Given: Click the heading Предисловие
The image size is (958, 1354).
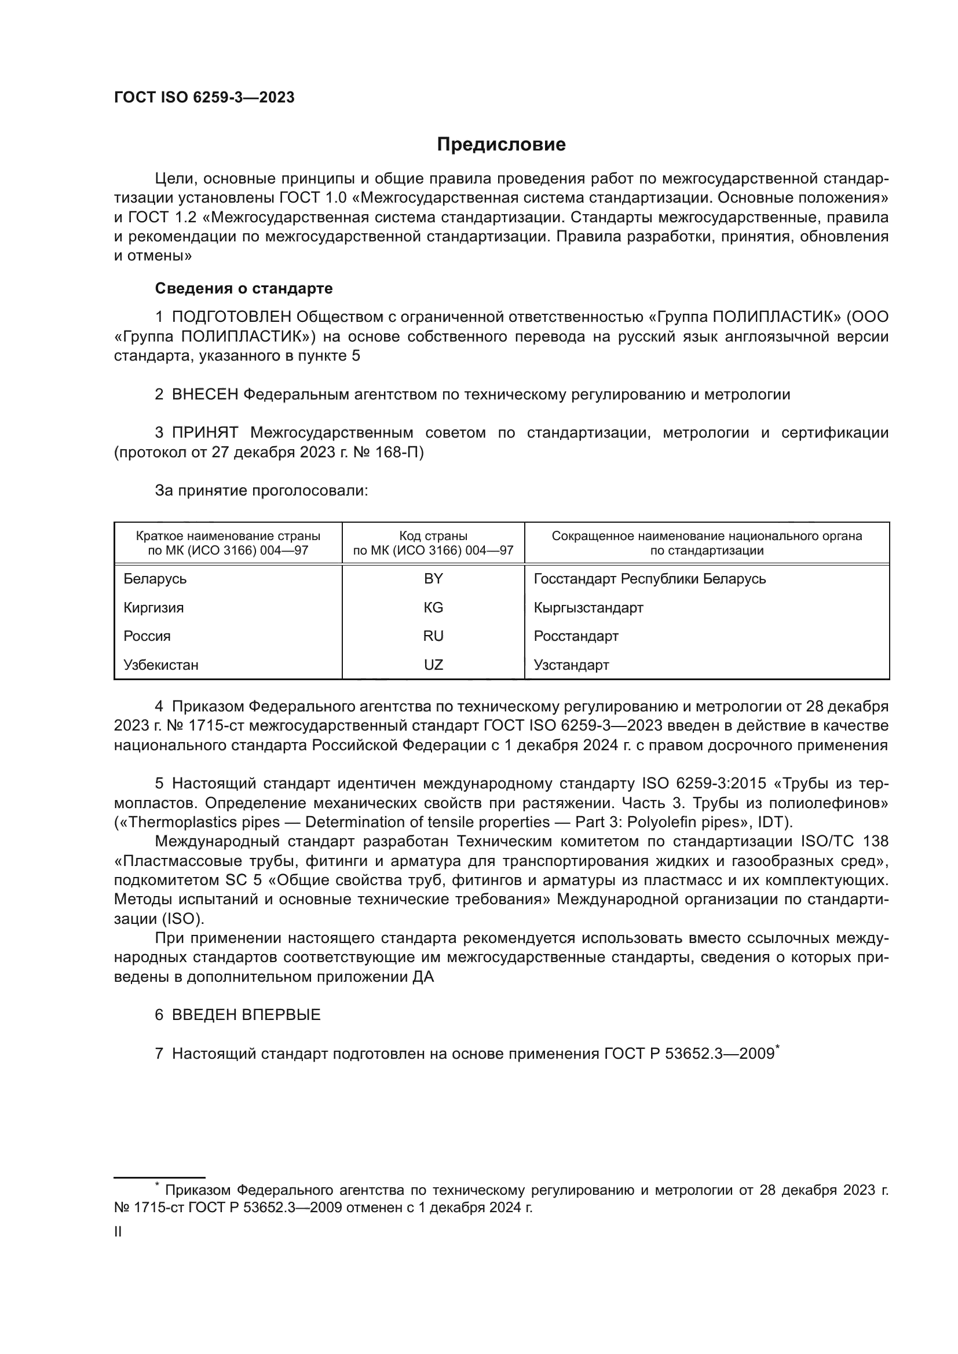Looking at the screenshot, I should (501, 145).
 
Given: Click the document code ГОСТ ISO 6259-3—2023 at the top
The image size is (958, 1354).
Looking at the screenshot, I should (204, 98).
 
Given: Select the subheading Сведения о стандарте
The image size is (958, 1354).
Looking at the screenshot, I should (244, 288).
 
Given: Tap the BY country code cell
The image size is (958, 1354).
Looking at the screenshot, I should (433, 578).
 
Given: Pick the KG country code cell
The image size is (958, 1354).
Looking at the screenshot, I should (433, 607).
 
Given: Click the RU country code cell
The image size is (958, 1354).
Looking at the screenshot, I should (433, 636).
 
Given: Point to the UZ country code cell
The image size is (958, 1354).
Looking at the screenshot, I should (433, 665).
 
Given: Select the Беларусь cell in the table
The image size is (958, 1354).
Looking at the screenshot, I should (155, 578).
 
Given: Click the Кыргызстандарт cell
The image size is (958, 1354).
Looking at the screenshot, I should (588, 607).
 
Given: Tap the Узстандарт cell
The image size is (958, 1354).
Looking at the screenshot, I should (571, 665).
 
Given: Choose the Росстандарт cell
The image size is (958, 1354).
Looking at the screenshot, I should (576, 636).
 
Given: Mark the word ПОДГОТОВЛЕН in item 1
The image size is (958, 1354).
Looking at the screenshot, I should (231, 317).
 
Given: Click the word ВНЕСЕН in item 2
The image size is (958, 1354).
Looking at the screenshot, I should (204, 395).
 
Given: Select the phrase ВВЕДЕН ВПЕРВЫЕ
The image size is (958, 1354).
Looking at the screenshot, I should (246, 1015).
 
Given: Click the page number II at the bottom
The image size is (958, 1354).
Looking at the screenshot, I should (118, 1231).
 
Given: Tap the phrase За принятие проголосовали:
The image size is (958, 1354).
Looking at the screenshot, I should (261, 491).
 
